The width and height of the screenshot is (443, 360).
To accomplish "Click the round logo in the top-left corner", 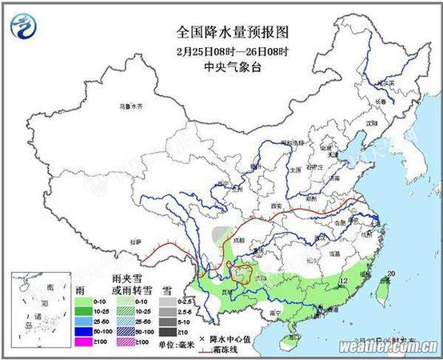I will [x=25, y=26].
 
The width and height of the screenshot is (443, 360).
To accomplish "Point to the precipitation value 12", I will [x=344, y=282].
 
